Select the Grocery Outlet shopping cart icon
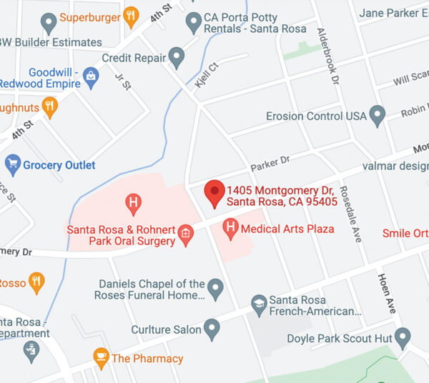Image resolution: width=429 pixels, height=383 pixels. coord(12,165)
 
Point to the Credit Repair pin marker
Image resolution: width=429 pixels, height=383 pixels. coord(177,57)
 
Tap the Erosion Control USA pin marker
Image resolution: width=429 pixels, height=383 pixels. coord(378,115)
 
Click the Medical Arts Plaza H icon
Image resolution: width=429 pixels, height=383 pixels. coord(230,229)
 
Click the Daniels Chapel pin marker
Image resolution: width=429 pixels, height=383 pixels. coord(215,288)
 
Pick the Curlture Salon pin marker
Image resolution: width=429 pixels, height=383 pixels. coord(211,329)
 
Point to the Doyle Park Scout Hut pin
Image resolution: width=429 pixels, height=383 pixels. coord(403,337)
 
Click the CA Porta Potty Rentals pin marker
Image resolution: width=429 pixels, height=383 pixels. coord(193,22)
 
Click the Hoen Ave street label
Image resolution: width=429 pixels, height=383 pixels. coord(386,293)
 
